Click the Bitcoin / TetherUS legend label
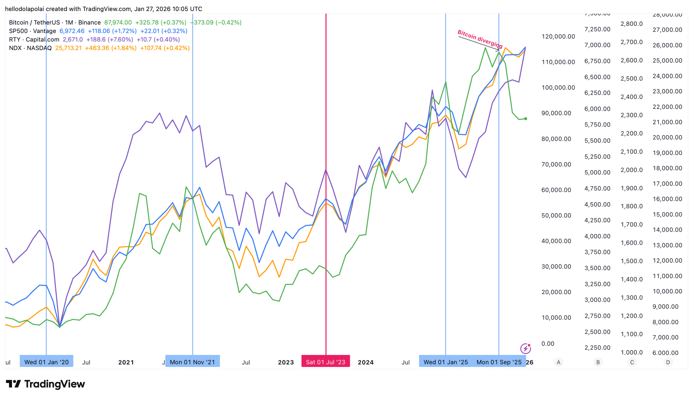point(55,22)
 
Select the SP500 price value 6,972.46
point(72,31)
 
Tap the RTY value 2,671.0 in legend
point(73,40)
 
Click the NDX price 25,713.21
point(68,48)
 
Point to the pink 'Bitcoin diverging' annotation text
point(480,39)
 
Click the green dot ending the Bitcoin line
point(525,119)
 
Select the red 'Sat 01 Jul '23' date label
point(326,362)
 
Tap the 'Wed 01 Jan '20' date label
point(46,362)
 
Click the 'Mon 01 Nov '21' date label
point(192,362)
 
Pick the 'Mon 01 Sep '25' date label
point(499,362)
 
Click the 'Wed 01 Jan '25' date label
point(446,362)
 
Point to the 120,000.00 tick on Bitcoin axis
point(558,37)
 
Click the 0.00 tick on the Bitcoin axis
point(548,344)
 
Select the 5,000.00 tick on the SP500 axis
point(597,172)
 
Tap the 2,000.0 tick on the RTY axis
point(631,170)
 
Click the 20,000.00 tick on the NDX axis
point(667,137)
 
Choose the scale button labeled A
point(558,362)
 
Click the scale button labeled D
point(668,362)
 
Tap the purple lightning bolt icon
point(525,349)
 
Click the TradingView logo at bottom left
point(45,384)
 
